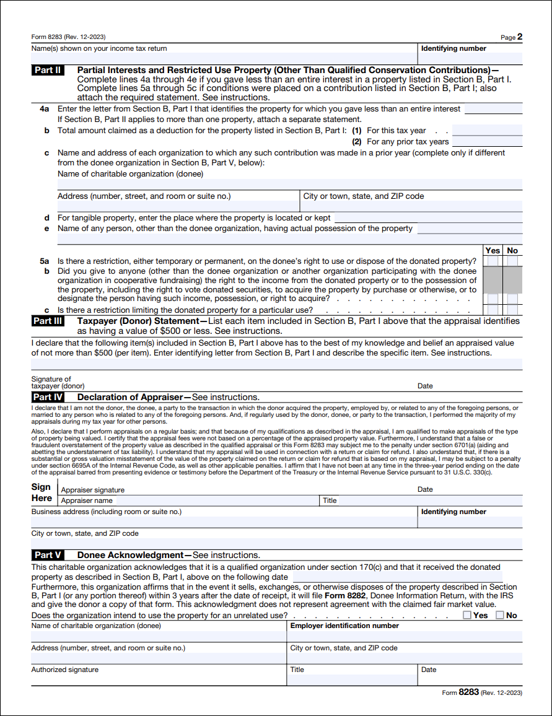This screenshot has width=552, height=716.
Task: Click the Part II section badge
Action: [48, 70]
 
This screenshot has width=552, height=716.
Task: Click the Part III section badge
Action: [48, 321]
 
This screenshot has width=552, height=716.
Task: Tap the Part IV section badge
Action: [48, 397]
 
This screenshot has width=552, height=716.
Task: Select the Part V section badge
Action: [48, 555]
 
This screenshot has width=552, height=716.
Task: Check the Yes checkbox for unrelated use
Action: [467, 615]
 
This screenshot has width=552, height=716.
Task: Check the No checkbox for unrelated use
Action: [499, 615]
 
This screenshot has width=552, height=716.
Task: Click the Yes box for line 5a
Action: [493, 261]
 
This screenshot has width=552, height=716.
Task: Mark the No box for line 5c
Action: [512, 310]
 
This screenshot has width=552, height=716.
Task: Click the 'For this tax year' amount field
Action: [487, 131]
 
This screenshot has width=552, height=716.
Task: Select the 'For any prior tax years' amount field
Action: [487, 142]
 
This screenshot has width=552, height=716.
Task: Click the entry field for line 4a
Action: [493, 109]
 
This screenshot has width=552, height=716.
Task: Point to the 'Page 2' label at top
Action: [511, 37]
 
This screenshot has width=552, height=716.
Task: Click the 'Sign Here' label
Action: [42, 492]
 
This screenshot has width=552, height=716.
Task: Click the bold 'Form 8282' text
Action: [345, 595]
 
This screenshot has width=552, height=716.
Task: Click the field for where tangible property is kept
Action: [428, 218]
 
